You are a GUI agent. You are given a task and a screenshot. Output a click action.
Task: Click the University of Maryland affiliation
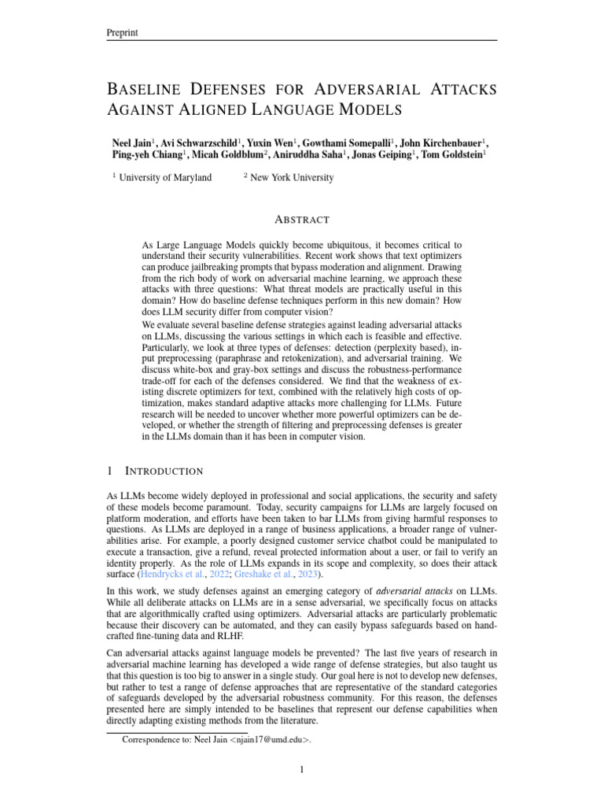coord(164,178)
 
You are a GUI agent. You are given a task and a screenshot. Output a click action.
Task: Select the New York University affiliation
coord(291,178)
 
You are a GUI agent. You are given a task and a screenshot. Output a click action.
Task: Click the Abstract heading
coord(301,220)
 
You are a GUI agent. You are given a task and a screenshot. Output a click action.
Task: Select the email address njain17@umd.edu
coord(270,740)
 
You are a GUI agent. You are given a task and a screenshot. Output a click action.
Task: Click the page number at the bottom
coord(301,771)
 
